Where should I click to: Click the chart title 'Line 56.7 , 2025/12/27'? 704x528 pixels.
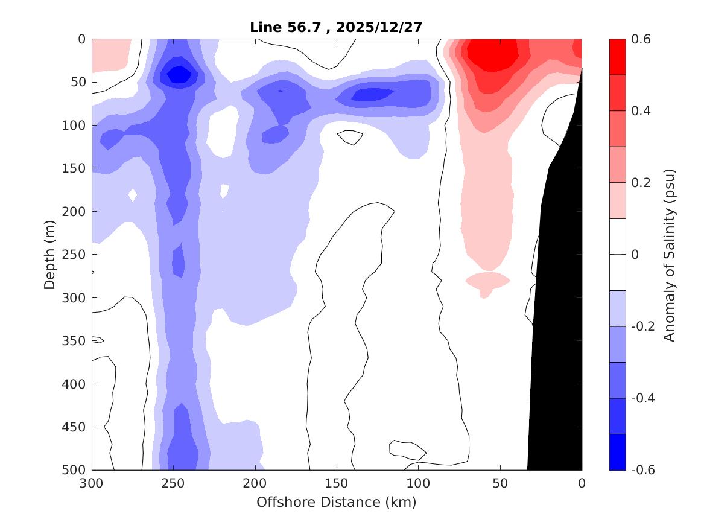[336, 27]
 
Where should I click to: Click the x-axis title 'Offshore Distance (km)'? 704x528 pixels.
[336, 502]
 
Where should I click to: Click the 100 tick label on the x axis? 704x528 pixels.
[418, 483]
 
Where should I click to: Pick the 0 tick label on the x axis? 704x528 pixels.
[582, 483]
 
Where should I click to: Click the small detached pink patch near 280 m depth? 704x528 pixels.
[487, 281]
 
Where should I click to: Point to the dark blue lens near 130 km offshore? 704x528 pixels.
[372, 94]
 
